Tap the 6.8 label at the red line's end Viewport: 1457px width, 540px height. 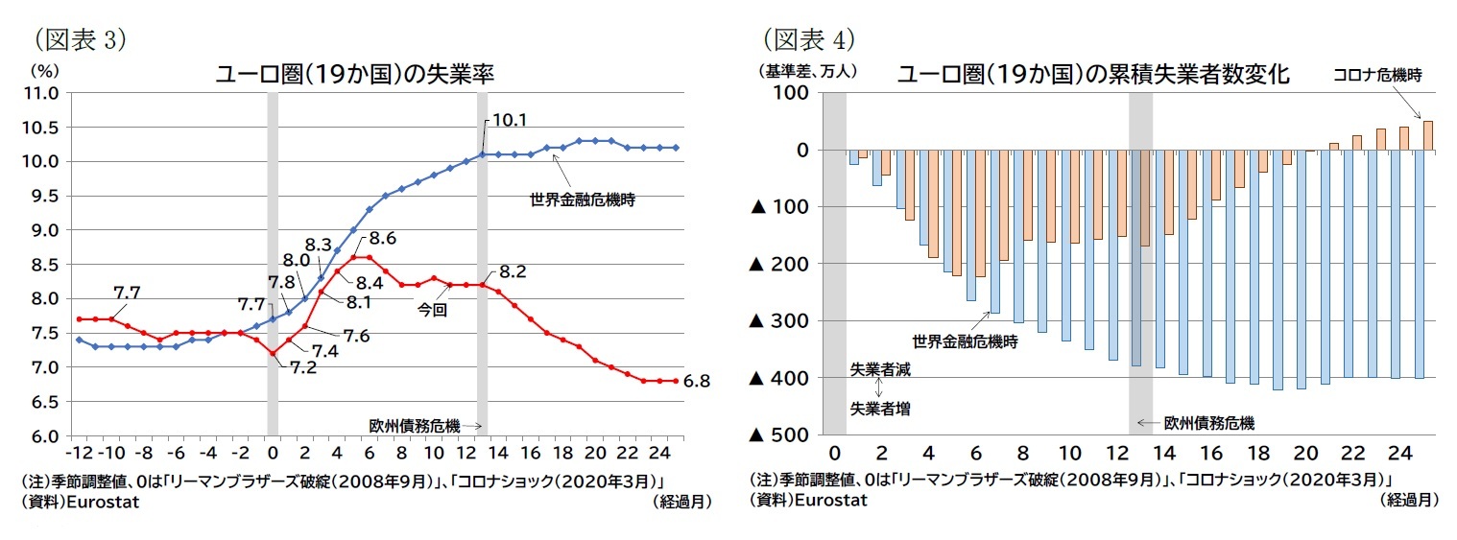coord(697,381)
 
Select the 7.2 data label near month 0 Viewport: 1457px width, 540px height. coord(303,368)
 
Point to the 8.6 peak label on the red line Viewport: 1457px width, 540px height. coord(384,237)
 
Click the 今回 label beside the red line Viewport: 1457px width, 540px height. coord(431,311)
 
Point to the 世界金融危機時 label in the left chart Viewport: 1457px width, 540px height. coord(583,200)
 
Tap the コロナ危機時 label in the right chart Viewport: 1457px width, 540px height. coord(1375,73)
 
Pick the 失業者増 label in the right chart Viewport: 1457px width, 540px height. coord(880,408)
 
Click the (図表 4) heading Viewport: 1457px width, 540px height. coord(807,39)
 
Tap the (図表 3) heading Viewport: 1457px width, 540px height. coord(80,39)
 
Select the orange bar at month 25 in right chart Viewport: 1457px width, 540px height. coord(1427,135)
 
